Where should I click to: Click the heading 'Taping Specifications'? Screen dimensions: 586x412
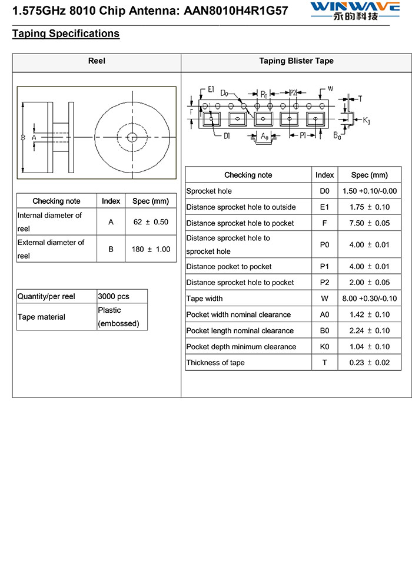pyautogui.click(x=65, y=34)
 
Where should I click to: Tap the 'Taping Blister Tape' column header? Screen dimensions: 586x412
pyautogui.click(x=296, y=61)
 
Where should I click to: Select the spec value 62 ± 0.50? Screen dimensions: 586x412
pyautogui.click(x=151, y=222)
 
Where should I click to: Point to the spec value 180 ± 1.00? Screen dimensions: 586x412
pyautogui.click(x=151, y=249)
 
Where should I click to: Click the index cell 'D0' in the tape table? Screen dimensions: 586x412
pyautogui.click(x=324, y=191)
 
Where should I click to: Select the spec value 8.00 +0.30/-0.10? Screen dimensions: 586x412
pyautogui.click(x=369, y=299)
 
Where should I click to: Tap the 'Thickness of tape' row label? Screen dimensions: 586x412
pyautogui.click(x=215, y=363)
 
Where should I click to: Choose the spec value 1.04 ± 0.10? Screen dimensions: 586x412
pyautogui.click(x=369, y=347)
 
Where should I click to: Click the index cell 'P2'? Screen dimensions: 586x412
pyautogui.click(x=324, y=283)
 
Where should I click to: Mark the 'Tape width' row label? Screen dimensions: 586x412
pyautogui.click(x=204, y=299)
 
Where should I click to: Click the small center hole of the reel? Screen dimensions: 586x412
pyautogui.click(x=132, y=138)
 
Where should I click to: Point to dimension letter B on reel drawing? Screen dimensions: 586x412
pyautogui.click(x=22, y=137)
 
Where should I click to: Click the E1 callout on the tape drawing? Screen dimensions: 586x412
pyautogui.click(x=211, y=90)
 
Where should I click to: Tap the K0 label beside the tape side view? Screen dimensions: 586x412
pyautogui.click(x=367, y=121)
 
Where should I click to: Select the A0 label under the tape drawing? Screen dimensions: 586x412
pyautogui.click(x=265, y=137)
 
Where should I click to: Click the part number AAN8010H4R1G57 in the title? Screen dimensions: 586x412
pyautogui.click(x=231, y=11)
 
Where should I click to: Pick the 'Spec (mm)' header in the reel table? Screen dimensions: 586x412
pyautogui.click(x=151, y=201)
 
